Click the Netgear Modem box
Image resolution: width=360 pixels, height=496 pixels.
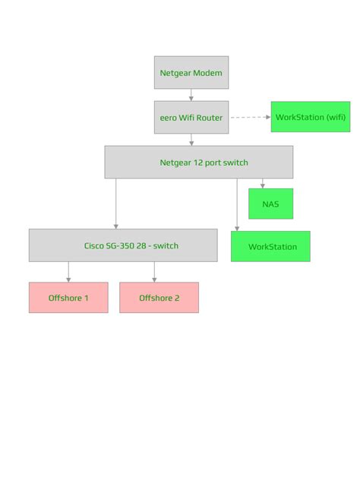(191, 73)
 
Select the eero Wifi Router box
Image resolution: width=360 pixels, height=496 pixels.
(191, 118)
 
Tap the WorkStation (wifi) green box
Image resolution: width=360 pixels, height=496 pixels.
(310, 118)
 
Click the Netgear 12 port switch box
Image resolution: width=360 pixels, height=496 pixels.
(198, 163)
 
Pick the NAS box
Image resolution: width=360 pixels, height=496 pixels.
(270, 204)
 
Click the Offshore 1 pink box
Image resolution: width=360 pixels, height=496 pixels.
(68, 298)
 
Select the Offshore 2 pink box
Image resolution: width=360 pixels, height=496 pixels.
(159, 298)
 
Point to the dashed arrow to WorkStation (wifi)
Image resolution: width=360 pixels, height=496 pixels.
(250, 118)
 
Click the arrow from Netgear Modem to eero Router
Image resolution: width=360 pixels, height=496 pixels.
(191, 95)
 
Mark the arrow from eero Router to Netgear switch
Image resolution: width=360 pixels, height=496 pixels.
(191, 140)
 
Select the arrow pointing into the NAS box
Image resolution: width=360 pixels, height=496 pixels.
(263, 184)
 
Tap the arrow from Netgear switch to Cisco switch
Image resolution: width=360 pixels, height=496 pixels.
(116, 204)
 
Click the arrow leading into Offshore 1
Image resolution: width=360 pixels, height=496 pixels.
(68, 272)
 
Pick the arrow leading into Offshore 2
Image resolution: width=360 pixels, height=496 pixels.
(154, 272)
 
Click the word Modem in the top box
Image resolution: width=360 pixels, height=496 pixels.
(207, 73)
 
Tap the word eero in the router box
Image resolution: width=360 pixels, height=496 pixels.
(168, 118)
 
